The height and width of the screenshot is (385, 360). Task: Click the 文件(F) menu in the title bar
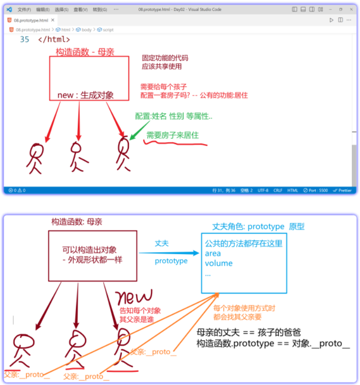(24, 10)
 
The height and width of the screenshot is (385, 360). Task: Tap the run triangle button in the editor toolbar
(331, 20)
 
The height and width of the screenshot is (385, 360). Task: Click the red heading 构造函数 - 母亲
(85, 52)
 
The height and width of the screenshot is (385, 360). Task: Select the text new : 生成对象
(86, 95)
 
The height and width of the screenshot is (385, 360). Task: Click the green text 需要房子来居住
(172, 135)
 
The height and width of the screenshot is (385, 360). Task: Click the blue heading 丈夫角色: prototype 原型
(258, 227)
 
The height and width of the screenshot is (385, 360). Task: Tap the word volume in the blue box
(219, 263)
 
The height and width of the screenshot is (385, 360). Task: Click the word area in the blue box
(213, 253)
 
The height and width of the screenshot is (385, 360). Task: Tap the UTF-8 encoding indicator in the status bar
(263, 190)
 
